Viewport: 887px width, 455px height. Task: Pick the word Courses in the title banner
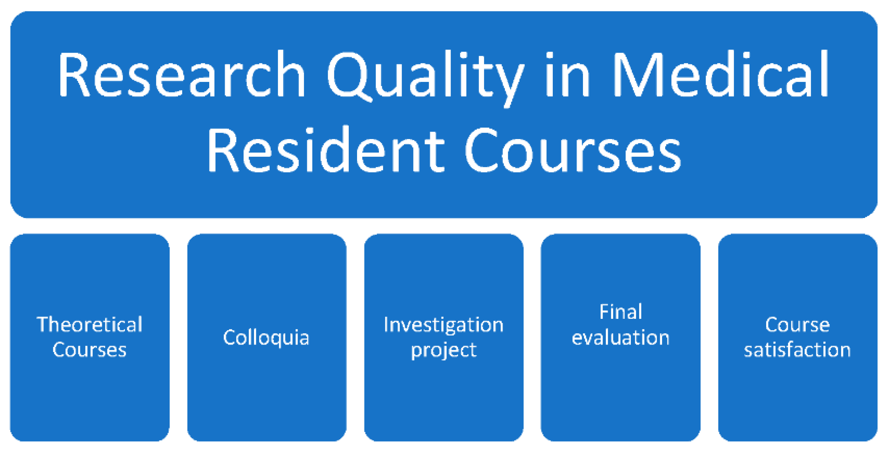tap(573, 150)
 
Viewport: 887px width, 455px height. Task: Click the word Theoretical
tap(90, 324)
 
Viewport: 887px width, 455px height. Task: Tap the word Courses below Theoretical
tap(90, 350)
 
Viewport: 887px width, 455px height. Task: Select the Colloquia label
tap(266, 338)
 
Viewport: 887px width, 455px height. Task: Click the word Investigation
tap(443, 325)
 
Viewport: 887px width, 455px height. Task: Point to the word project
tap(443, 351)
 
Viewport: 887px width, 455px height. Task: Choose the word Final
tap(621, 311)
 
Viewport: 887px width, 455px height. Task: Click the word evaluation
tap(621, 337)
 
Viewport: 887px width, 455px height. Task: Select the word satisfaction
tap(797, 350)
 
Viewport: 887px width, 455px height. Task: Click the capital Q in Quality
tap(350, 77)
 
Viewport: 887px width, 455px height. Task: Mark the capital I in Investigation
tap(386, 324)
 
